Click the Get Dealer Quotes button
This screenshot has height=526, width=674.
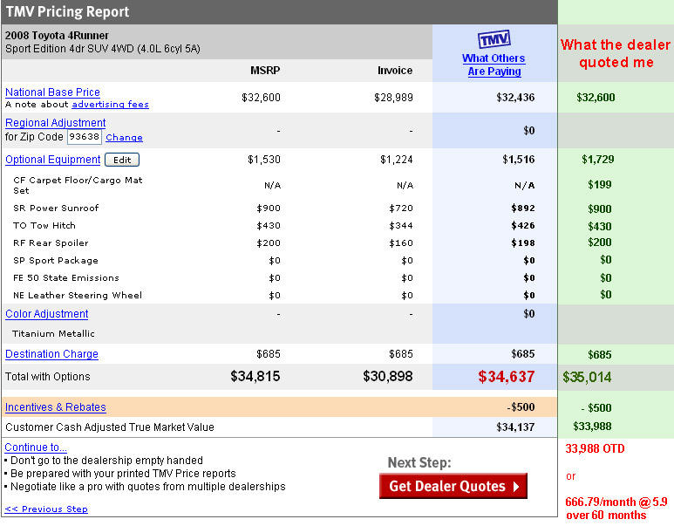pos(453,486)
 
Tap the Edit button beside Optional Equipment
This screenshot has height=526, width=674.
pos(122,160)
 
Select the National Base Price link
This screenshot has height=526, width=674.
pos(52,92)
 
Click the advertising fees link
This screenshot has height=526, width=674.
pos(110,105)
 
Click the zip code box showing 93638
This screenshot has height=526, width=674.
pos(85,137)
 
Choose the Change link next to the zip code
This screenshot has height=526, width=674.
pos(124,138)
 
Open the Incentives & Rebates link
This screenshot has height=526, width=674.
pos(56,406)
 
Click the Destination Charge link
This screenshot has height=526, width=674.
pos(51,354)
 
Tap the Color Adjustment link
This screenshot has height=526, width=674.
pos(47,314)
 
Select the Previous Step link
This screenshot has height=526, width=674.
pos(46,509)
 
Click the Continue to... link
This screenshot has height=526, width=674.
pos(36,447)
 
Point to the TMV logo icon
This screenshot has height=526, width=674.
pos(494,39)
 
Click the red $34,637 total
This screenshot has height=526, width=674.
pos(507,377)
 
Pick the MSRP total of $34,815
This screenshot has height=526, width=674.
pos(255,376)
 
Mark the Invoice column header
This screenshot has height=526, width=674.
pos(395,70)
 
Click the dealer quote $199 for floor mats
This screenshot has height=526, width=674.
pos(600,185)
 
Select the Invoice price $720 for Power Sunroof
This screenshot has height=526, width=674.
pos(401,208)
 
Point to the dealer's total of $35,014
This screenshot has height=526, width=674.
pos(587,377)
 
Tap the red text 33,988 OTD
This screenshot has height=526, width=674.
pos(595,448)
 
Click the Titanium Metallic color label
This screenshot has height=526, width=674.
pos(53,333)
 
